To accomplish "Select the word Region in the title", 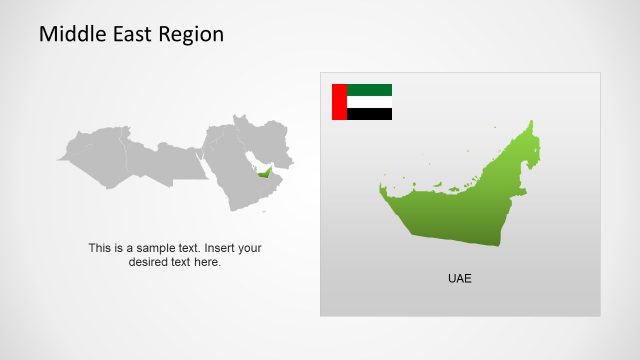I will pos(190,34).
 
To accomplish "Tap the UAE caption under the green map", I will pos(459,278).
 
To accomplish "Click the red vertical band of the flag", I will pos(339,102).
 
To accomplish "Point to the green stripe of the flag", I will pos(369,90).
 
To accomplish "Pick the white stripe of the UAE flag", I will pos(369,102).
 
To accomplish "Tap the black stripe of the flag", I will pos(369,114).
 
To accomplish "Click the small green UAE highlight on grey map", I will pos(264,174).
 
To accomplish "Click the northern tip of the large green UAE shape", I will pos(530,123).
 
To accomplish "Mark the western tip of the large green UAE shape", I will pos(381,187).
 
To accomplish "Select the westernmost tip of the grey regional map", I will pos(57,159).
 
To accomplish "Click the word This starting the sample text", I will pos(99,248).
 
